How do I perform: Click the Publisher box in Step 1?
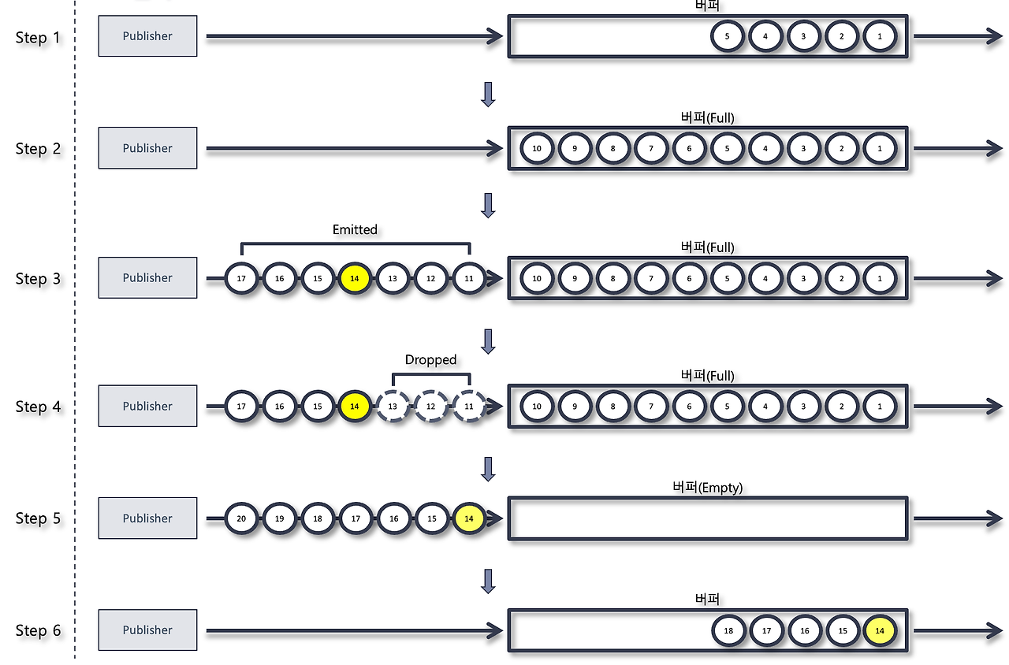point(147,36)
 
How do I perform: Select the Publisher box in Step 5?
point(147,518)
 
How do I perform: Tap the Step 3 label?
point(38,279)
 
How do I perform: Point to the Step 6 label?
point(38,630)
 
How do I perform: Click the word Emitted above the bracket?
point(355,229)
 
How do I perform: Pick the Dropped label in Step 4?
point(430,359)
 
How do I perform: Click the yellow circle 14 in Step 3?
point(355,278)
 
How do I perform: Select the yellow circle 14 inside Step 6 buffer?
point(880,630)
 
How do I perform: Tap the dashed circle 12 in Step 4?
point(430,407)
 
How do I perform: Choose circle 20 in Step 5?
point(241,518)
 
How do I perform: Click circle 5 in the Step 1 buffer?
point(728,36)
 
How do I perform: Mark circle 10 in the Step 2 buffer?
point(537,148)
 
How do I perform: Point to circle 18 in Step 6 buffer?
point(728,630)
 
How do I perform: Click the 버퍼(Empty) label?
point(707,488)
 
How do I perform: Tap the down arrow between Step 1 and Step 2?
point(488,94)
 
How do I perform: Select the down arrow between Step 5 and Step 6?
point(488,581)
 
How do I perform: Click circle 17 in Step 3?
point(241,278)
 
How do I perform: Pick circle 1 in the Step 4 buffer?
point(880,407)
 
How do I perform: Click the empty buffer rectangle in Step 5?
point(707,518)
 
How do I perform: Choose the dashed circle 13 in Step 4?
point(393,407)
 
